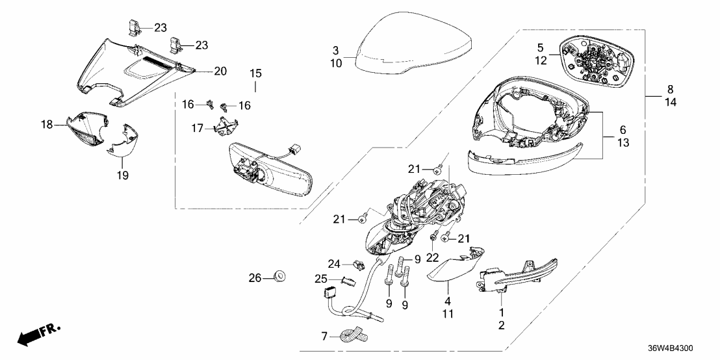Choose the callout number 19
click(x=123, y=175)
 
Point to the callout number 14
click(x=671, y=103)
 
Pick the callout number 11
click(x=447, y=314)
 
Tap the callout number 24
click(x=334, y=264)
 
